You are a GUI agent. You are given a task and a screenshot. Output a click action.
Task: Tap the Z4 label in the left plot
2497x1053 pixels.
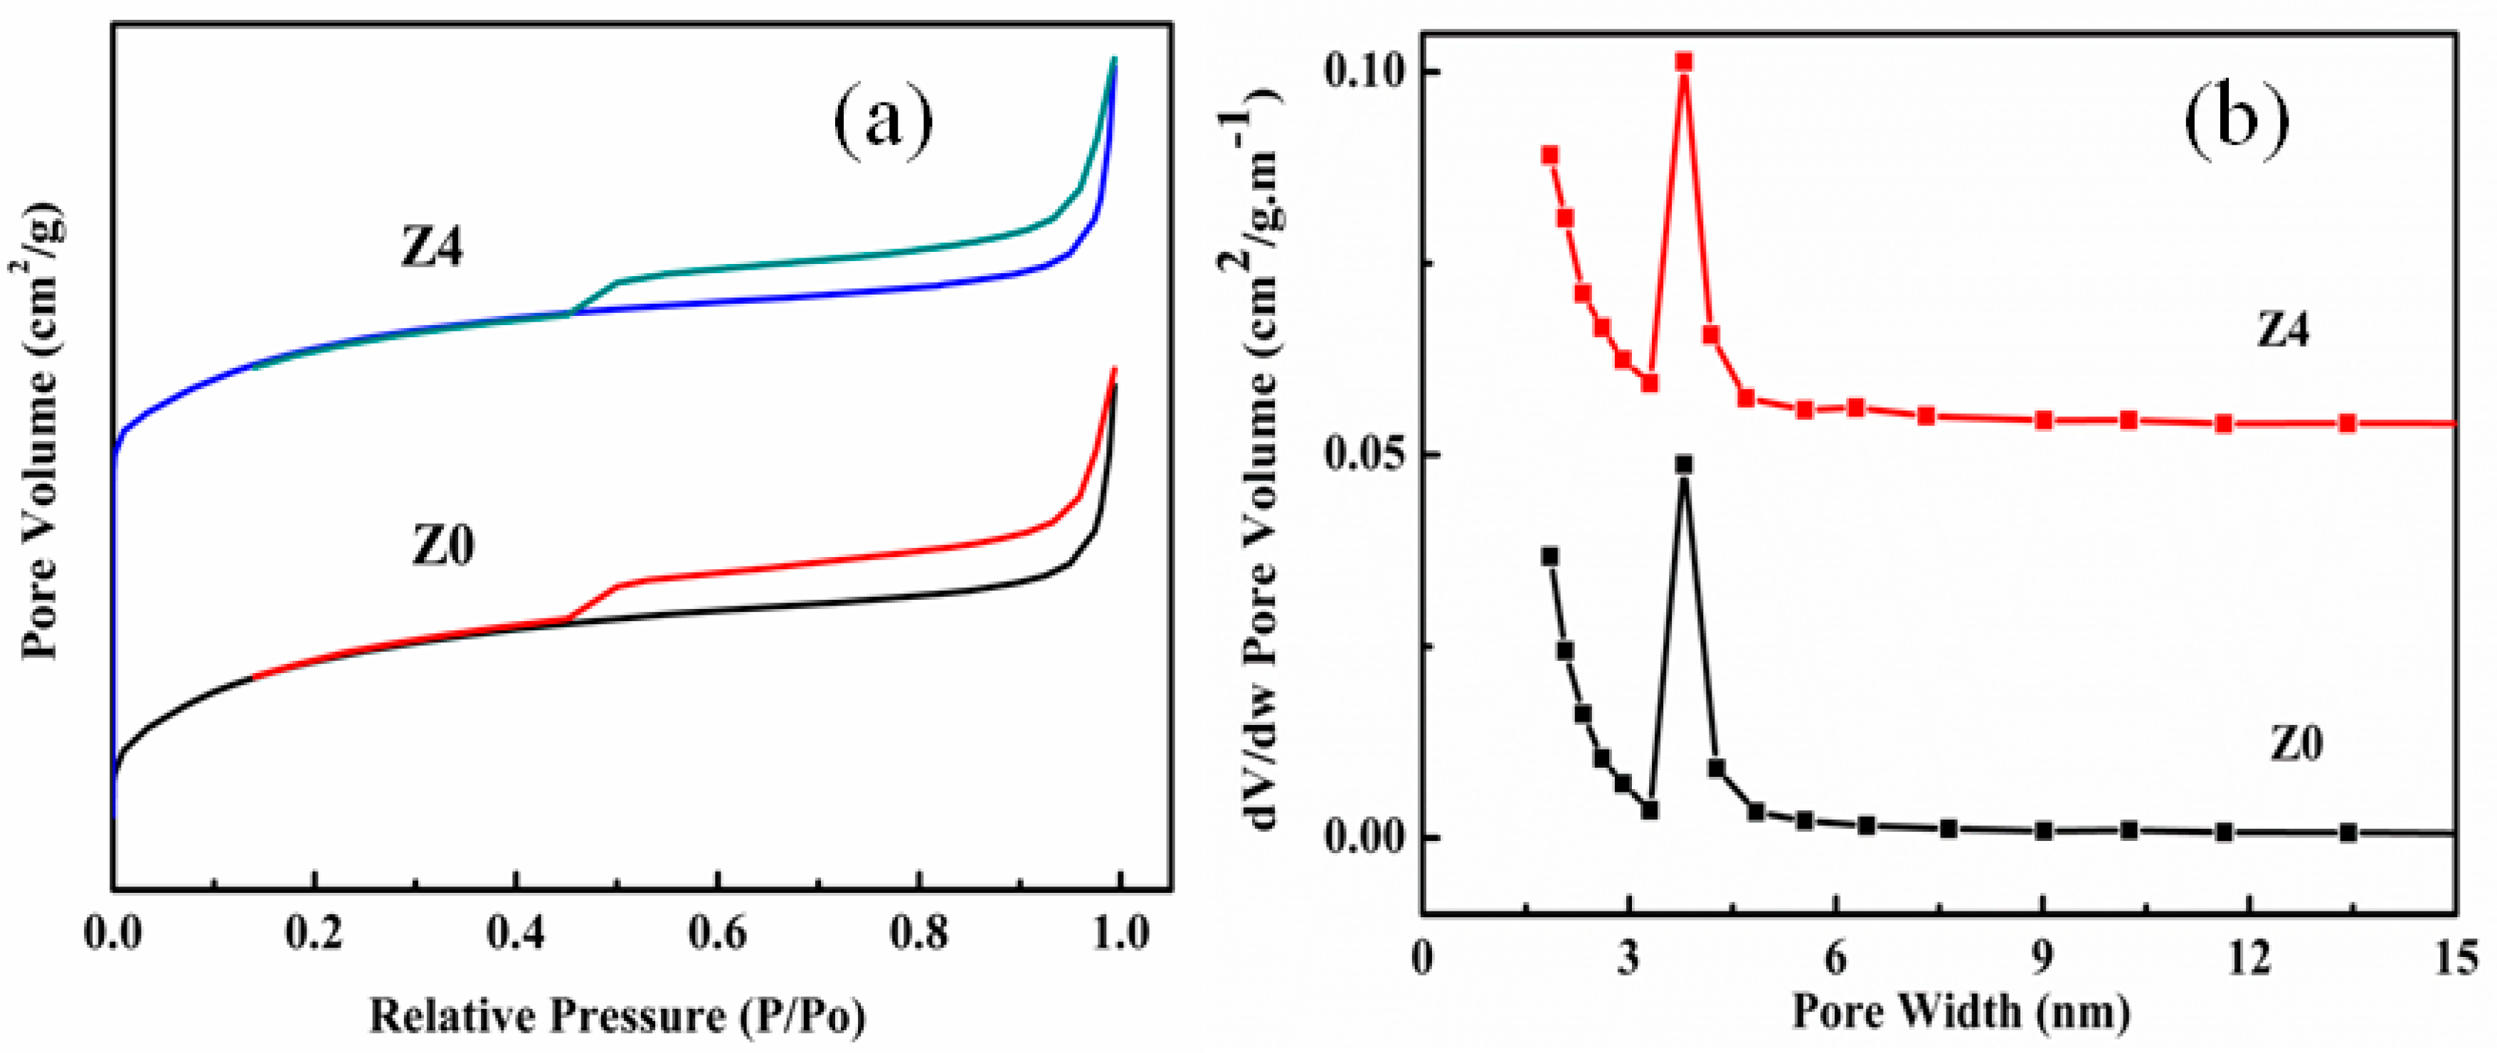433,249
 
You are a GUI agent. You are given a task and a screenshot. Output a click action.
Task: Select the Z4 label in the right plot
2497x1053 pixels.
2283,332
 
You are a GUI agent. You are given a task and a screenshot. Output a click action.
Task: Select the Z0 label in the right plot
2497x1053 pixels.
2296,745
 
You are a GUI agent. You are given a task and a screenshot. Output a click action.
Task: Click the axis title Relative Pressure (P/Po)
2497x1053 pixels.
617,1015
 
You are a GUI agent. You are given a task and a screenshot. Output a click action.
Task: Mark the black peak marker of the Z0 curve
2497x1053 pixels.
1684,465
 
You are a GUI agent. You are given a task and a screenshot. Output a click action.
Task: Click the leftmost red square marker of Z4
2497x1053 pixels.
1550,155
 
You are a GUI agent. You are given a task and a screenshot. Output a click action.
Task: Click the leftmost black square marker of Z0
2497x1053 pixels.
1550,556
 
